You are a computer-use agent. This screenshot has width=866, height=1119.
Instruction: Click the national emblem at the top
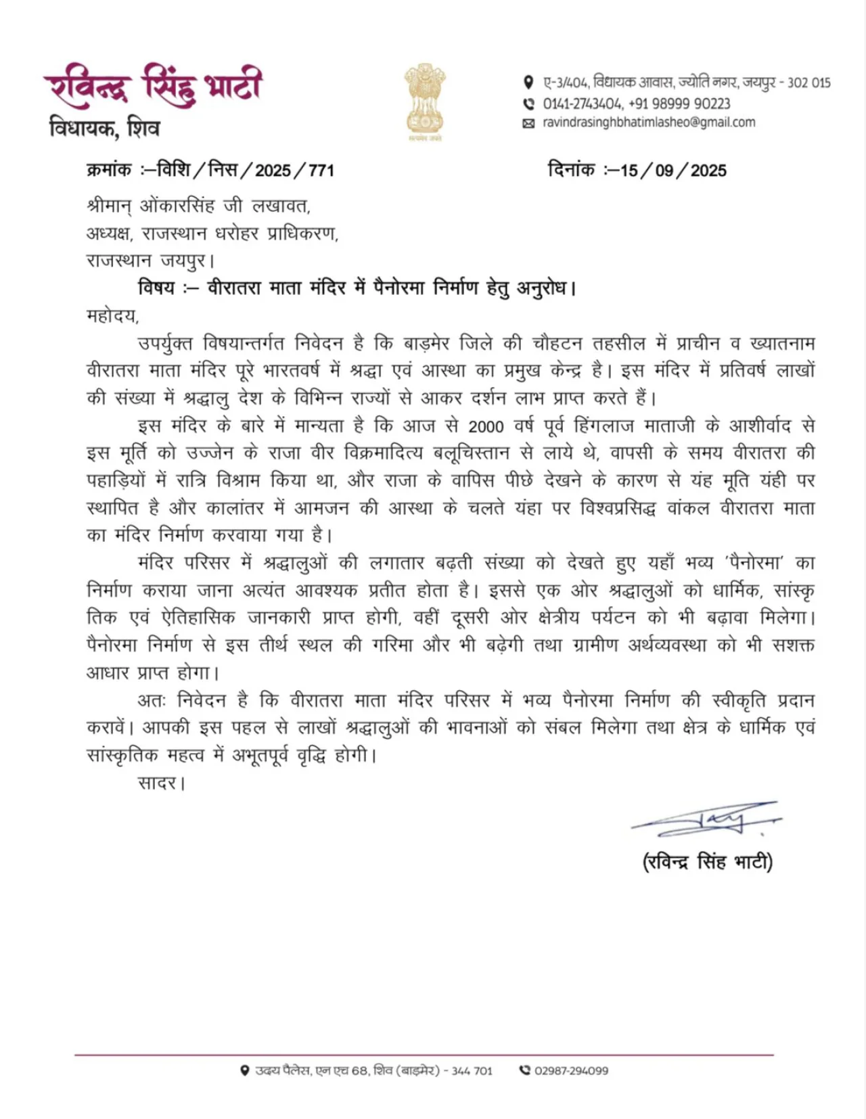(424, 101)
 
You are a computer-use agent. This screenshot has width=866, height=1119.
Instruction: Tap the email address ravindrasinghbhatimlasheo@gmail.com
(648, 122)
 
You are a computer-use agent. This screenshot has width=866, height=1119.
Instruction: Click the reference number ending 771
(321, 170)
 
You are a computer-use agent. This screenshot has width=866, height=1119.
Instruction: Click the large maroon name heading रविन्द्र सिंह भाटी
(153, 87)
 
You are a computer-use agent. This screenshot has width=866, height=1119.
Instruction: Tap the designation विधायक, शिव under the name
(104, 128)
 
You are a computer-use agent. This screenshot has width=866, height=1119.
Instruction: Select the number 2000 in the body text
(485, 426)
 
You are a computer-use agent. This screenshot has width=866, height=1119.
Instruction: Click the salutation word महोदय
(112, 316)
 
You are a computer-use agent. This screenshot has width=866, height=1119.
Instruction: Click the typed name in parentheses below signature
(707, 862)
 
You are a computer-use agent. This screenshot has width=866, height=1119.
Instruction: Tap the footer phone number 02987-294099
(571, 1071)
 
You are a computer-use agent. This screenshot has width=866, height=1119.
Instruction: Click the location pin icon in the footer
(245, 1071)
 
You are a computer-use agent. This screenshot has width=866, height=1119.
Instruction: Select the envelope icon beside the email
(528, 123)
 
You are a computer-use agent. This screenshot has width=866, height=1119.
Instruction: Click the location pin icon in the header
(528, 83)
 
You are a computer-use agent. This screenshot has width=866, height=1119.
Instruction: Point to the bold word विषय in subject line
(156, 288)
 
